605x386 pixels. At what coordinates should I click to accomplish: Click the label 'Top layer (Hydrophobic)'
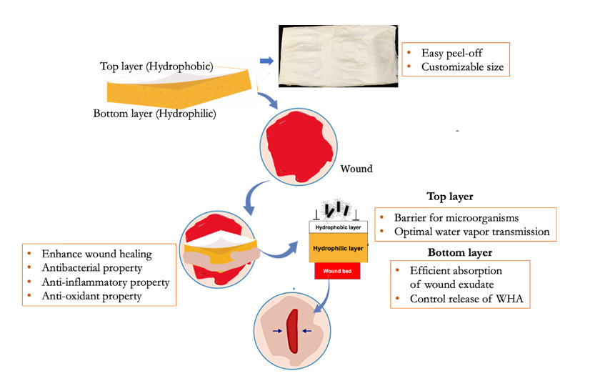[x=156, y=66]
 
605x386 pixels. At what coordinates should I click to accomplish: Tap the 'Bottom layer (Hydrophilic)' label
[x=154, y=114]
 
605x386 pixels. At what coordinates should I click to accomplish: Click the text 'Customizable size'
[x=462, y=68]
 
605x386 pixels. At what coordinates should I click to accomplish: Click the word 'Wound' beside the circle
[x=356, y=170]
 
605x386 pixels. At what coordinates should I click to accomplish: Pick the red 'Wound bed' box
[x=338, y=272]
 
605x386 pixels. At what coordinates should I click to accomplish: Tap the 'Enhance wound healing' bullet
[x=97, y=254]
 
